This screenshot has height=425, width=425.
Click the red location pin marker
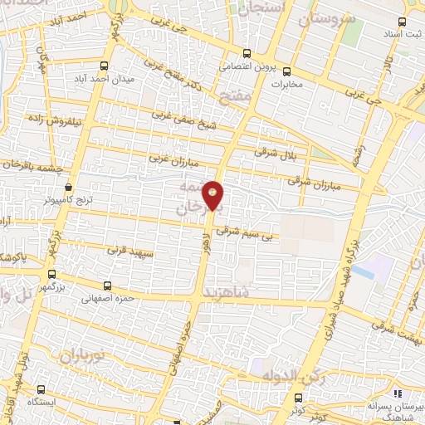(214, 194)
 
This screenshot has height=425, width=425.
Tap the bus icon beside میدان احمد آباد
(103, 66)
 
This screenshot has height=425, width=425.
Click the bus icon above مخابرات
(286, 71)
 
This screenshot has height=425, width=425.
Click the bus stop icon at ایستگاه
(42, 388)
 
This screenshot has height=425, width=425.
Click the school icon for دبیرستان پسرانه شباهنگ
(398, 392)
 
